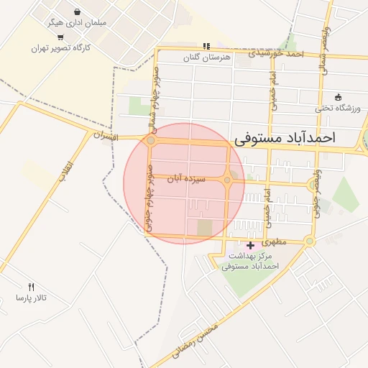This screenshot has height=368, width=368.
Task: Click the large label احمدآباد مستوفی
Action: click(x=295, y=137)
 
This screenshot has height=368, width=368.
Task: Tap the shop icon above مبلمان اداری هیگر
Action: click(x=77, y=11)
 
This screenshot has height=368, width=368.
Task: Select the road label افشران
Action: click(x=105, y=134)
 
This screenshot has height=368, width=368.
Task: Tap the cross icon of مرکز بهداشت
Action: click(x=249, y=246)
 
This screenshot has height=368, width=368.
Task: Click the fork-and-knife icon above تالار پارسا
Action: click(x=30, y=287)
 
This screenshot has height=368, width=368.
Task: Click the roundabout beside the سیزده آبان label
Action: click(x=227, y=180)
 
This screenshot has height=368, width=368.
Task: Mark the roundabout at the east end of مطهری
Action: click(x=309, y=241)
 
